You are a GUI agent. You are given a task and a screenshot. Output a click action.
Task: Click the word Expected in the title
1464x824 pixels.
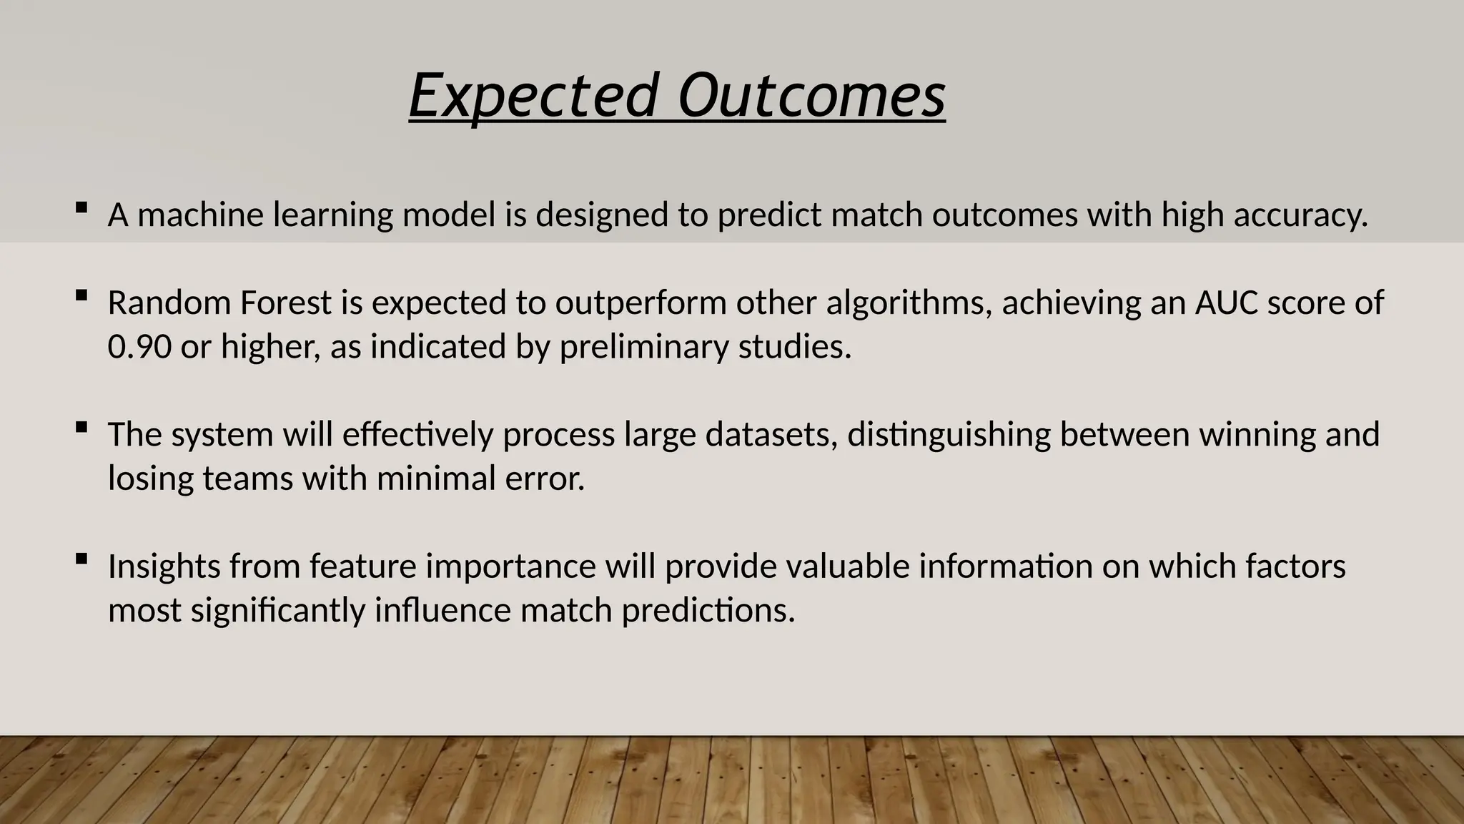click(533, 97)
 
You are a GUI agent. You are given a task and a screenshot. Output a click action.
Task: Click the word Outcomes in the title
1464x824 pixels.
click(811, 97)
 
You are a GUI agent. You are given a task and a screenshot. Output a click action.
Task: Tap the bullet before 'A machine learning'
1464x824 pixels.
click(81, 208)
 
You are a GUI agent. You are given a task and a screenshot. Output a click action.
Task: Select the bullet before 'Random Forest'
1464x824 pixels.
click(81, 295)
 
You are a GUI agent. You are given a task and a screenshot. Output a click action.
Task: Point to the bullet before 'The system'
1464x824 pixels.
click(81, 428)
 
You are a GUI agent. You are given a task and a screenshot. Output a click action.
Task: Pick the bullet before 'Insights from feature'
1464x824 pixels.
click(81, 559)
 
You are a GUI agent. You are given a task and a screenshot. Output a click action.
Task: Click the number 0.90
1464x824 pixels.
click(139, 347)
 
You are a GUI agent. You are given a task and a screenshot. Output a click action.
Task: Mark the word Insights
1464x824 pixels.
click(164, 567)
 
